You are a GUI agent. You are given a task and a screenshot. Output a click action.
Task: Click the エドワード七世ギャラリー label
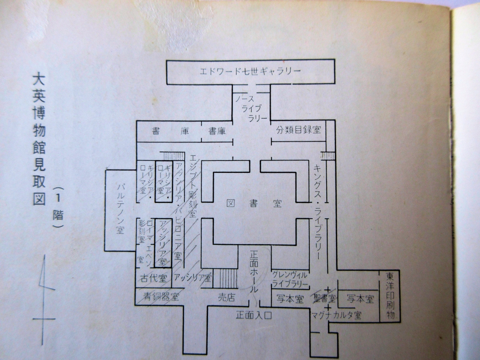250,71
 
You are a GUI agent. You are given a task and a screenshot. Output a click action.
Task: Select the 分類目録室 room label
299,130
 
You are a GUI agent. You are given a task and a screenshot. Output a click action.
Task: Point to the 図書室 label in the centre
254,203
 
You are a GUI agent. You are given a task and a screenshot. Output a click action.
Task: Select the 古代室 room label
153,279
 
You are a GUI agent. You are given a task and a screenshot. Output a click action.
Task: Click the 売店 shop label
226,298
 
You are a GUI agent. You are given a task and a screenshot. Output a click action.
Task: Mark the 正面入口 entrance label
253,315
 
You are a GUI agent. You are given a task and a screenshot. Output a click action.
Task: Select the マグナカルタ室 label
336,315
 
